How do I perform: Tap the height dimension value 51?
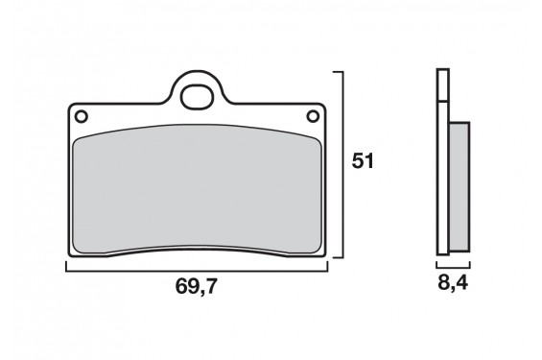[363, 161]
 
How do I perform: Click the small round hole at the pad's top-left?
[82, 117]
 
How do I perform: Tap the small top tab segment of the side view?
[442, 85]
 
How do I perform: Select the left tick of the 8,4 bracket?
[437, 267]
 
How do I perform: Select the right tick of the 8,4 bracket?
[471, 267]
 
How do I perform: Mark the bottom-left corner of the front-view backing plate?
[68, 257]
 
